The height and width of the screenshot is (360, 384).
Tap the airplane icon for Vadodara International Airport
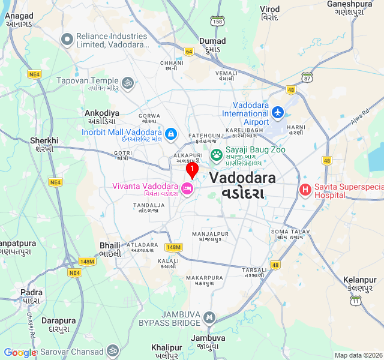[277, 112]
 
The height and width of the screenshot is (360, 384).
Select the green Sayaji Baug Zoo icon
[216, 155]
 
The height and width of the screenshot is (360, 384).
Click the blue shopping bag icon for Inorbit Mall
[171, 133]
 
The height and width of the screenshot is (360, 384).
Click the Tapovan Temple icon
[127, 83]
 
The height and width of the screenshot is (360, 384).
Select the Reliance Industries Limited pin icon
[67, 40]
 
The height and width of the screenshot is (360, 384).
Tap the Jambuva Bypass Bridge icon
[209, 317]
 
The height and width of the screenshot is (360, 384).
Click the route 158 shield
[217, 22]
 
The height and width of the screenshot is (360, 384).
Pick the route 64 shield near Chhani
[189, 52]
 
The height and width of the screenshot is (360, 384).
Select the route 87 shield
[307, 77]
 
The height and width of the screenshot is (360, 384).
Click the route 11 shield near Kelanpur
[356, 300]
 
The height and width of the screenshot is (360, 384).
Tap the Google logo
[20, 353]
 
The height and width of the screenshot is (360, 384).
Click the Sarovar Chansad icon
[113, 350]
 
